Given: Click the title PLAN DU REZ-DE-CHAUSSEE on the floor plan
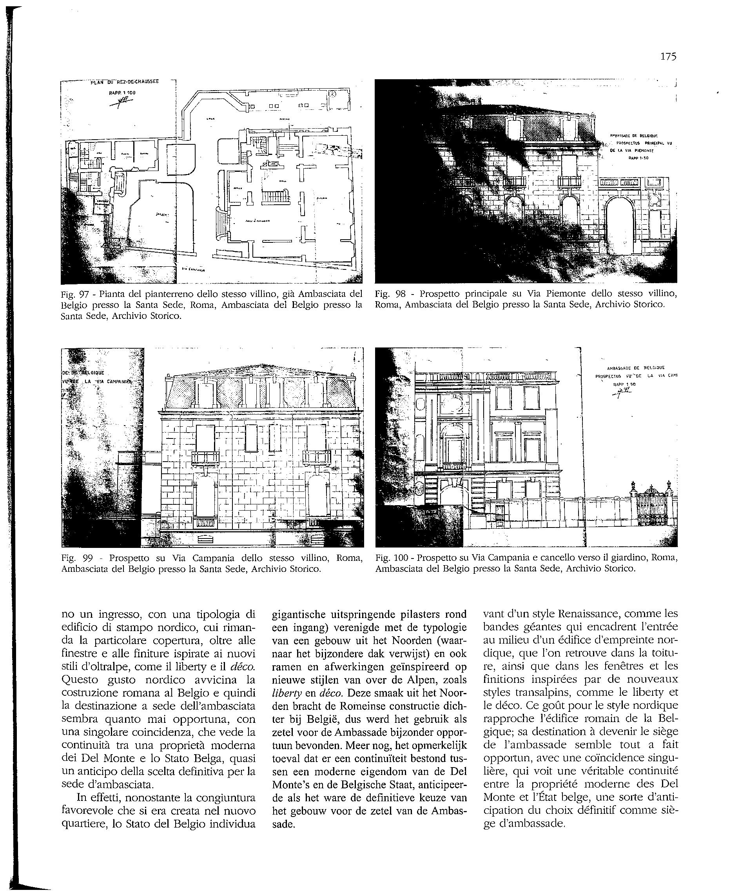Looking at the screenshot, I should pos(124,82).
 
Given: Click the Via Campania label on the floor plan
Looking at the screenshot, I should pos(193,269).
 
